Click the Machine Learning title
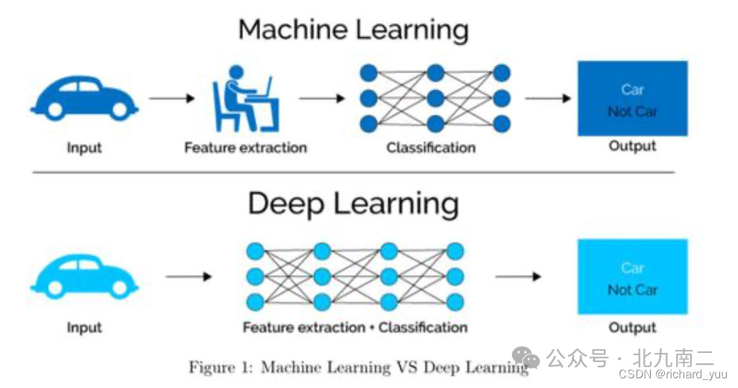point(353,30)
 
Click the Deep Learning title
point(353,203)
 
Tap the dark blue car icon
point(84,98)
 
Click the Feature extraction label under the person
point(245,148)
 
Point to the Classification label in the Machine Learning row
point(430,148)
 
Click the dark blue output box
point(632,98)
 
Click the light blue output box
point(632,276)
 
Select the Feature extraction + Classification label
point(355,328)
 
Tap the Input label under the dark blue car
point(84,148)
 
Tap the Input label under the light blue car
point(84,328)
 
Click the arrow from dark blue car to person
point(171,98)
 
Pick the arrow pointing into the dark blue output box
point(547,98)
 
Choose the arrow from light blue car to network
point(188,277)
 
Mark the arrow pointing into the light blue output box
point(518,277)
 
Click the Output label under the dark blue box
point(632,146)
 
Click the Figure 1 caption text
point(358,367)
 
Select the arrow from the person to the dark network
point(322,98)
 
